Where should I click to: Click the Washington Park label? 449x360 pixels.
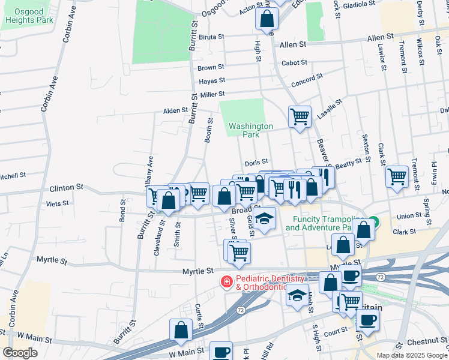250,131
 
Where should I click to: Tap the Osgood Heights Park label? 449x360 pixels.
29,15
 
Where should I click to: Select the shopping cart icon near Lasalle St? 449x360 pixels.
300,116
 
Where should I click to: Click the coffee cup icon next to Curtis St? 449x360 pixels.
221,352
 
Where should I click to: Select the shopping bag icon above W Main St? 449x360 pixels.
181,329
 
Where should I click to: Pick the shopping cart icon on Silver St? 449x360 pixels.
239,253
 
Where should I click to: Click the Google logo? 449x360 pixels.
20,352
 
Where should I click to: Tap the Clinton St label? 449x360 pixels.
65,188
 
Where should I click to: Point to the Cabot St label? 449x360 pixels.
294,62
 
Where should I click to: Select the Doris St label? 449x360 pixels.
256,163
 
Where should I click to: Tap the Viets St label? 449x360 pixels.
54,204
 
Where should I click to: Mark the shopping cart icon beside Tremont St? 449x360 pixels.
397,176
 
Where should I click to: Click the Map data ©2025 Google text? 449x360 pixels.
412,355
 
